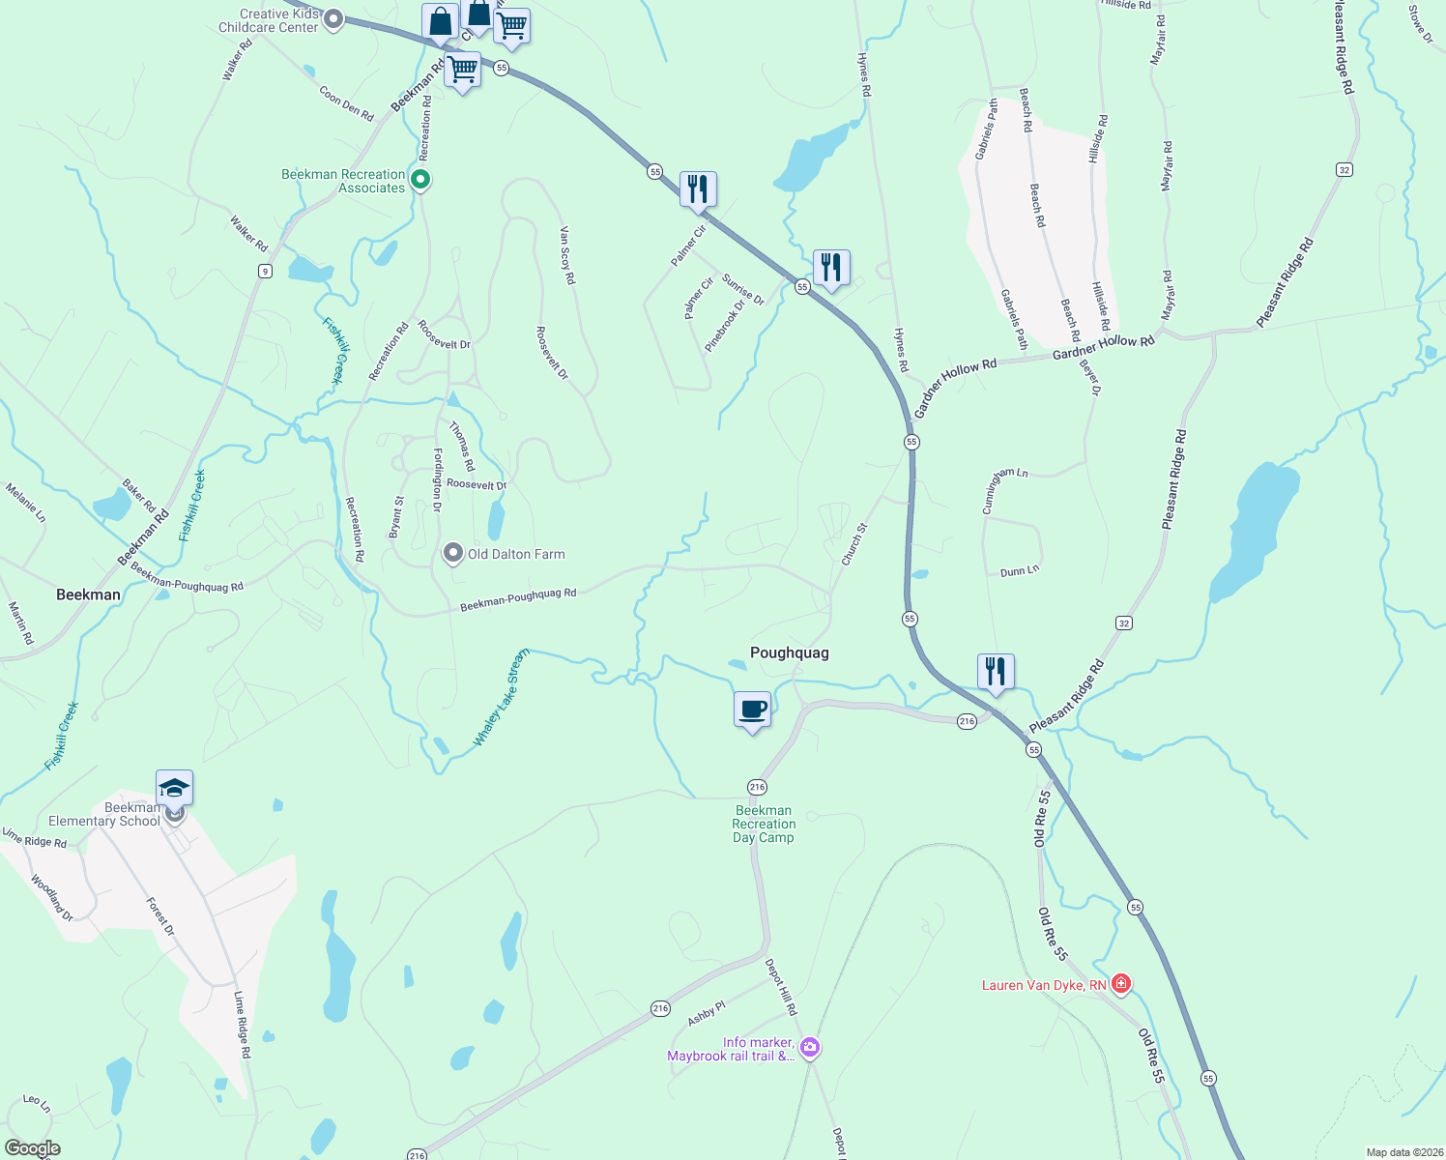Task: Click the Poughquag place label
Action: [789, 652]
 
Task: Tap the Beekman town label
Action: [88, 594]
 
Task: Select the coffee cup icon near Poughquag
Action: [752, 710]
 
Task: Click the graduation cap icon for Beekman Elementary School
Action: [174, 789]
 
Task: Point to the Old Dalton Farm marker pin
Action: [452, 553]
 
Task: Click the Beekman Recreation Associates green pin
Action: [420, 179]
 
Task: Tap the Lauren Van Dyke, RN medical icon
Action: [1121, 984]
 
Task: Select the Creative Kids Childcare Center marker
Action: [333, 18]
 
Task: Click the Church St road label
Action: [854, 544]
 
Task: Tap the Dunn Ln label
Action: [1020, 571]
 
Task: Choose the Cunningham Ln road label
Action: [1005, 490]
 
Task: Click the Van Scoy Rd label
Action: [567, 255]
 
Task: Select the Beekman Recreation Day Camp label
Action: [764, 825]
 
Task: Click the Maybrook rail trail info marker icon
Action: [810, 1048]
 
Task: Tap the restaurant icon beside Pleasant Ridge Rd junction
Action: [995, 671]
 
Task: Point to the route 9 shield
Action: [265, 272]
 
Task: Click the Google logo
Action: [32, 1148]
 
